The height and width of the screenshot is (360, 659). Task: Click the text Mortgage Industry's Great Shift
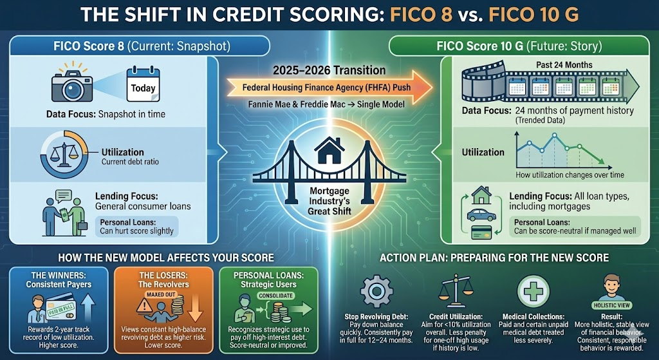(x=329, y=201)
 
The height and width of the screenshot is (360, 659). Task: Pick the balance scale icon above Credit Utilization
(x=453, y=292)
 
